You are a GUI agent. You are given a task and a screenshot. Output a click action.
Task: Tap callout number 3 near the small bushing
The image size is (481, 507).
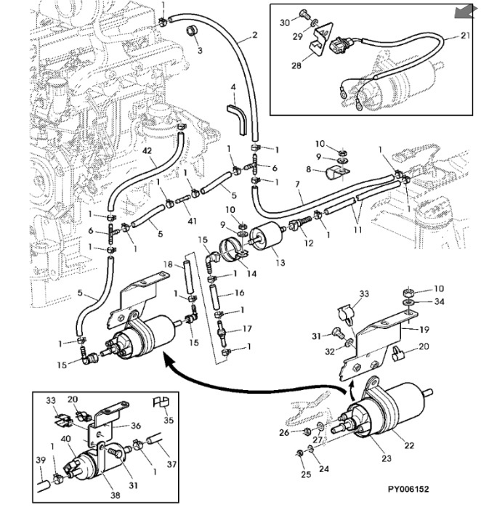point(233,88)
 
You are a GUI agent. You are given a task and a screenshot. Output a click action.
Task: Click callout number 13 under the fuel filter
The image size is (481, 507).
point(279,262)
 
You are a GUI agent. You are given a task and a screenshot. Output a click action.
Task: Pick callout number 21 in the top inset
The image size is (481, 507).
point(466,35)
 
